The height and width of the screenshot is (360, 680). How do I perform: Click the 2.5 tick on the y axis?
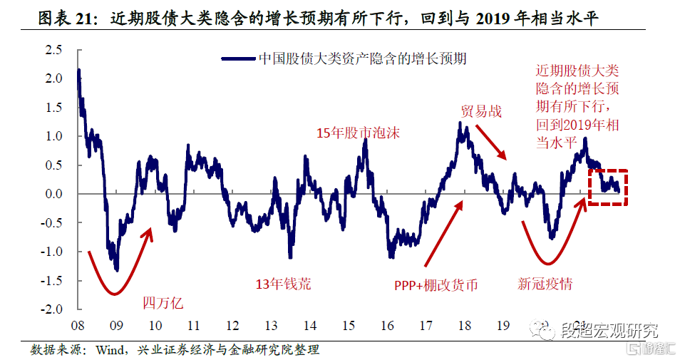pyautogui.click(x=53, y=50)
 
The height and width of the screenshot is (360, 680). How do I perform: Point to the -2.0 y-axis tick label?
pyautogui.click(x=51, y=309)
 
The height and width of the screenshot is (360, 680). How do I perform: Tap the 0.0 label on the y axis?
pyautogui.click(x=53, y=194)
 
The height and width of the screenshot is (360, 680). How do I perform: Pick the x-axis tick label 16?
pyautogui.click(x=387, y=326)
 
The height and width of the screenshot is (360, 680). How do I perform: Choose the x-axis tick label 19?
pyautogui.click(x=503, y=326)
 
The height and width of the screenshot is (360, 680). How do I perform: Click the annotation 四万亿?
pyautogui.click(x=163, y=302)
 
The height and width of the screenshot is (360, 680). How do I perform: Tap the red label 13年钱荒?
pyautogui.click(x=284, y=284)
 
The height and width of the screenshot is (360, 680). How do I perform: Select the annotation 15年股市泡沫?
pyautogui.click(x=359, y=133)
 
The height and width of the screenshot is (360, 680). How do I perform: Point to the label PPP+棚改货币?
pyautogui.click(x=436, y=285)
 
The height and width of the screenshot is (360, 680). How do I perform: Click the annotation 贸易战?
pyautogui.click(x=481, y=111)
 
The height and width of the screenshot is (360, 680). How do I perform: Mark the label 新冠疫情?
pyautogui.click(x=545, y=284)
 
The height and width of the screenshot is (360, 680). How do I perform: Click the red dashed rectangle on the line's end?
pyautogui.click(x=607, y=187)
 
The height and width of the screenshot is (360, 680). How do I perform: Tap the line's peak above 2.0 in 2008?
pyautogui.click(x=78, y=71)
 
